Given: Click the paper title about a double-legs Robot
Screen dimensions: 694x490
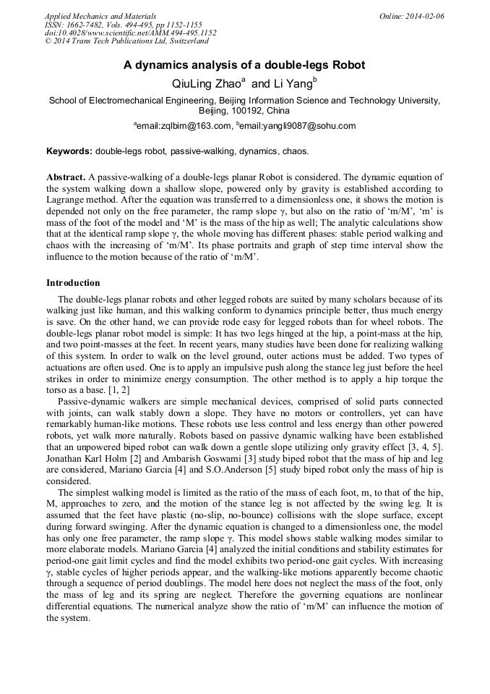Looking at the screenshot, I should [244, 65].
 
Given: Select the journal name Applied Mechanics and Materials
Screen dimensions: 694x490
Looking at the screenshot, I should [100, 15].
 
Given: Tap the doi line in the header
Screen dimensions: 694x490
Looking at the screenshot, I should [130, 33].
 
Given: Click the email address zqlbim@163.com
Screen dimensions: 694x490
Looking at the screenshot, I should [192, 126].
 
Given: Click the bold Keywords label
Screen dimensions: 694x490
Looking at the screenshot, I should [69, 151].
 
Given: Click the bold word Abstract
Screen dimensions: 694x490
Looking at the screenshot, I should [66, 177].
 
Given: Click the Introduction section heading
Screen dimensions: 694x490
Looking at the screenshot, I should [73, 283].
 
